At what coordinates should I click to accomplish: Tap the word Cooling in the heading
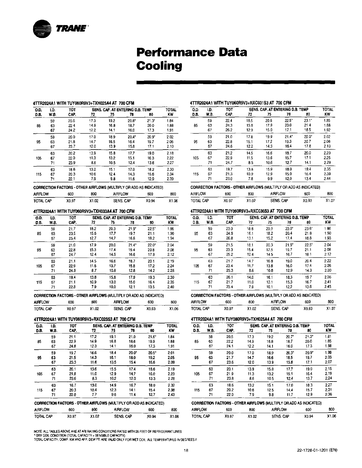pos(159,66)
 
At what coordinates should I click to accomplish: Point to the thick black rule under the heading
pos(236,82)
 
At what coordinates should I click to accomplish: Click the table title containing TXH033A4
pos(84,211)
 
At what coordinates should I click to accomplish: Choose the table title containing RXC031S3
pos(241,103)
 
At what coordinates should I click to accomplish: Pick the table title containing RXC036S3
pos(241,211)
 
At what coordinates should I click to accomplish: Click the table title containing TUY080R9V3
pos(242,319)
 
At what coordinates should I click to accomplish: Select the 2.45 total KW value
pos(328,287)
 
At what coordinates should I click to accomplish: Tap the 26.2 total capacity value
pos(229,130)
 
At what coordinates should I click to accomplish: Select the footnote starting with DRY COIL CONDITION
pos(80,436)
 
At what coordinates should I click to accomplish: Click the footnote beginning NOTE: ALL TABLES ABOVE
pos(108,432)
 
